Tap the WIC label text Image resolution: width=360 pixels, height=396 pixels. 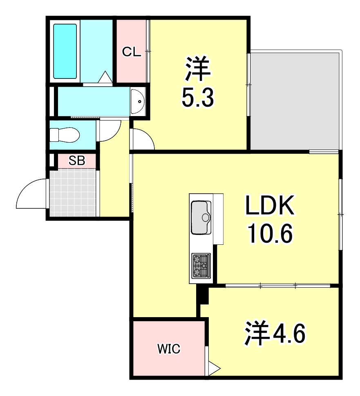tap(169, 349)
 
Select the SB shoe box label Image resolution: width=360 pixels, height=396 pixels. tap(76, 161)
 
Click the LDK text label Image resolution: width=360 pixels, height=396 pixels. tap(269, 207)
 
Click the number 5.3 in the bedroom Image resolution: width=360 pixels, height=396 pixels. tap(198, 98)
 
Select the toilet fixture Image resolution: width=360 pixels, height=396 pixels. tap(64, 134)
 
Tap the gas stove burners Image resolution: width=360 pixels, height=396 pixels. tap(201, 266)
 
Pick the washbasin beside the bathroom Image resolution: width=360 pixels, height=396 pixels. tap(138, 101)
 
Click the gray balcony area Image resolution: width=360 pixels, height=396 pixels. tap(295, 101)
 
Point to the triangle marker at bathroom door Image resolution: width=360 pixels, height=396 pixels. tap(105, 77)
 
